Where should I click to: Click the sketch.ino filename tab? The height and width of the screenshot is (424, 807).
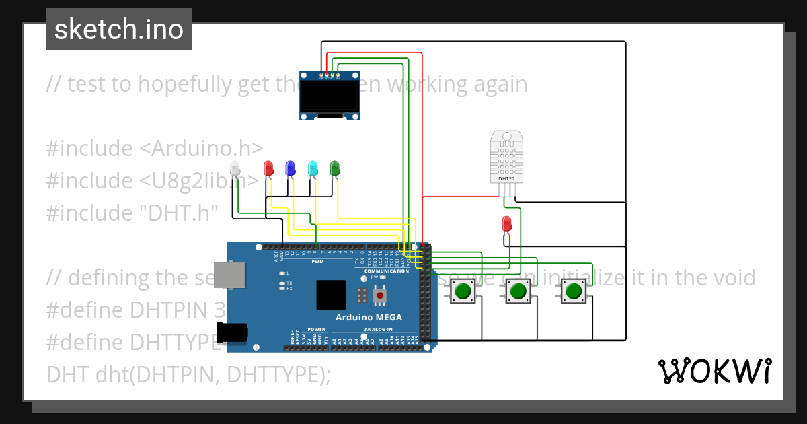(119, 30)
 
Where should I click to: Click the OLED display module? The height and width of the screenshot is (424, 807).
(330, 96)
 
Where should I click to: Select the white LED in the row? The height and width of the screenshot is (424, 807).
(235, 168)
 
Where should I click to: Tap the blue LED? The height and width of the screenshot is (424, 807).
(291, 168)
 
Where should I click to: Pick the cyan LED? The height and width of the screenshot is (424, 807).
(313, 168)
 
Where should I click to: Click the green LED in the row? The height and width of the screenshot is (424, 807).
(335, 168)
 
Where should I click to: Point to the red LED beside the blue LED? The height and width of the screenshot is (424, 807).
(268, 168)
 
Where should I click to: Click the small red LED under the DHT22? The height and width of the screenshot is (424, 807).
(508, 223)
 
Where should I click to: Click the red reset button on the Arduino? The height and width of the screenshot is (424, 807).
(381, 295)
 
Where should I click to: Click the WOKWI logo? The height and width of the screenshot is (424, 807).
(714, 371)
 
